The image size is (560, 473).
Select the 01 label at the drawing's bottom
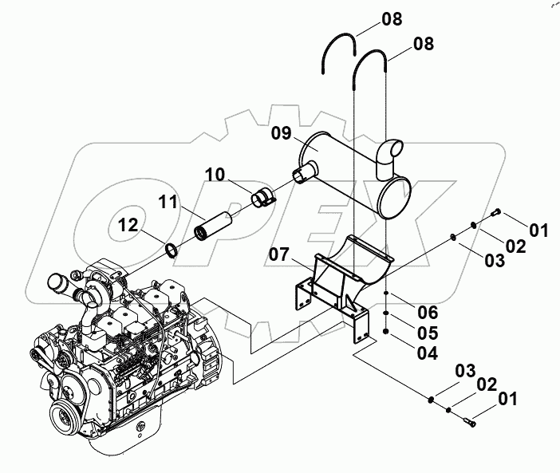(507, 397)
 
